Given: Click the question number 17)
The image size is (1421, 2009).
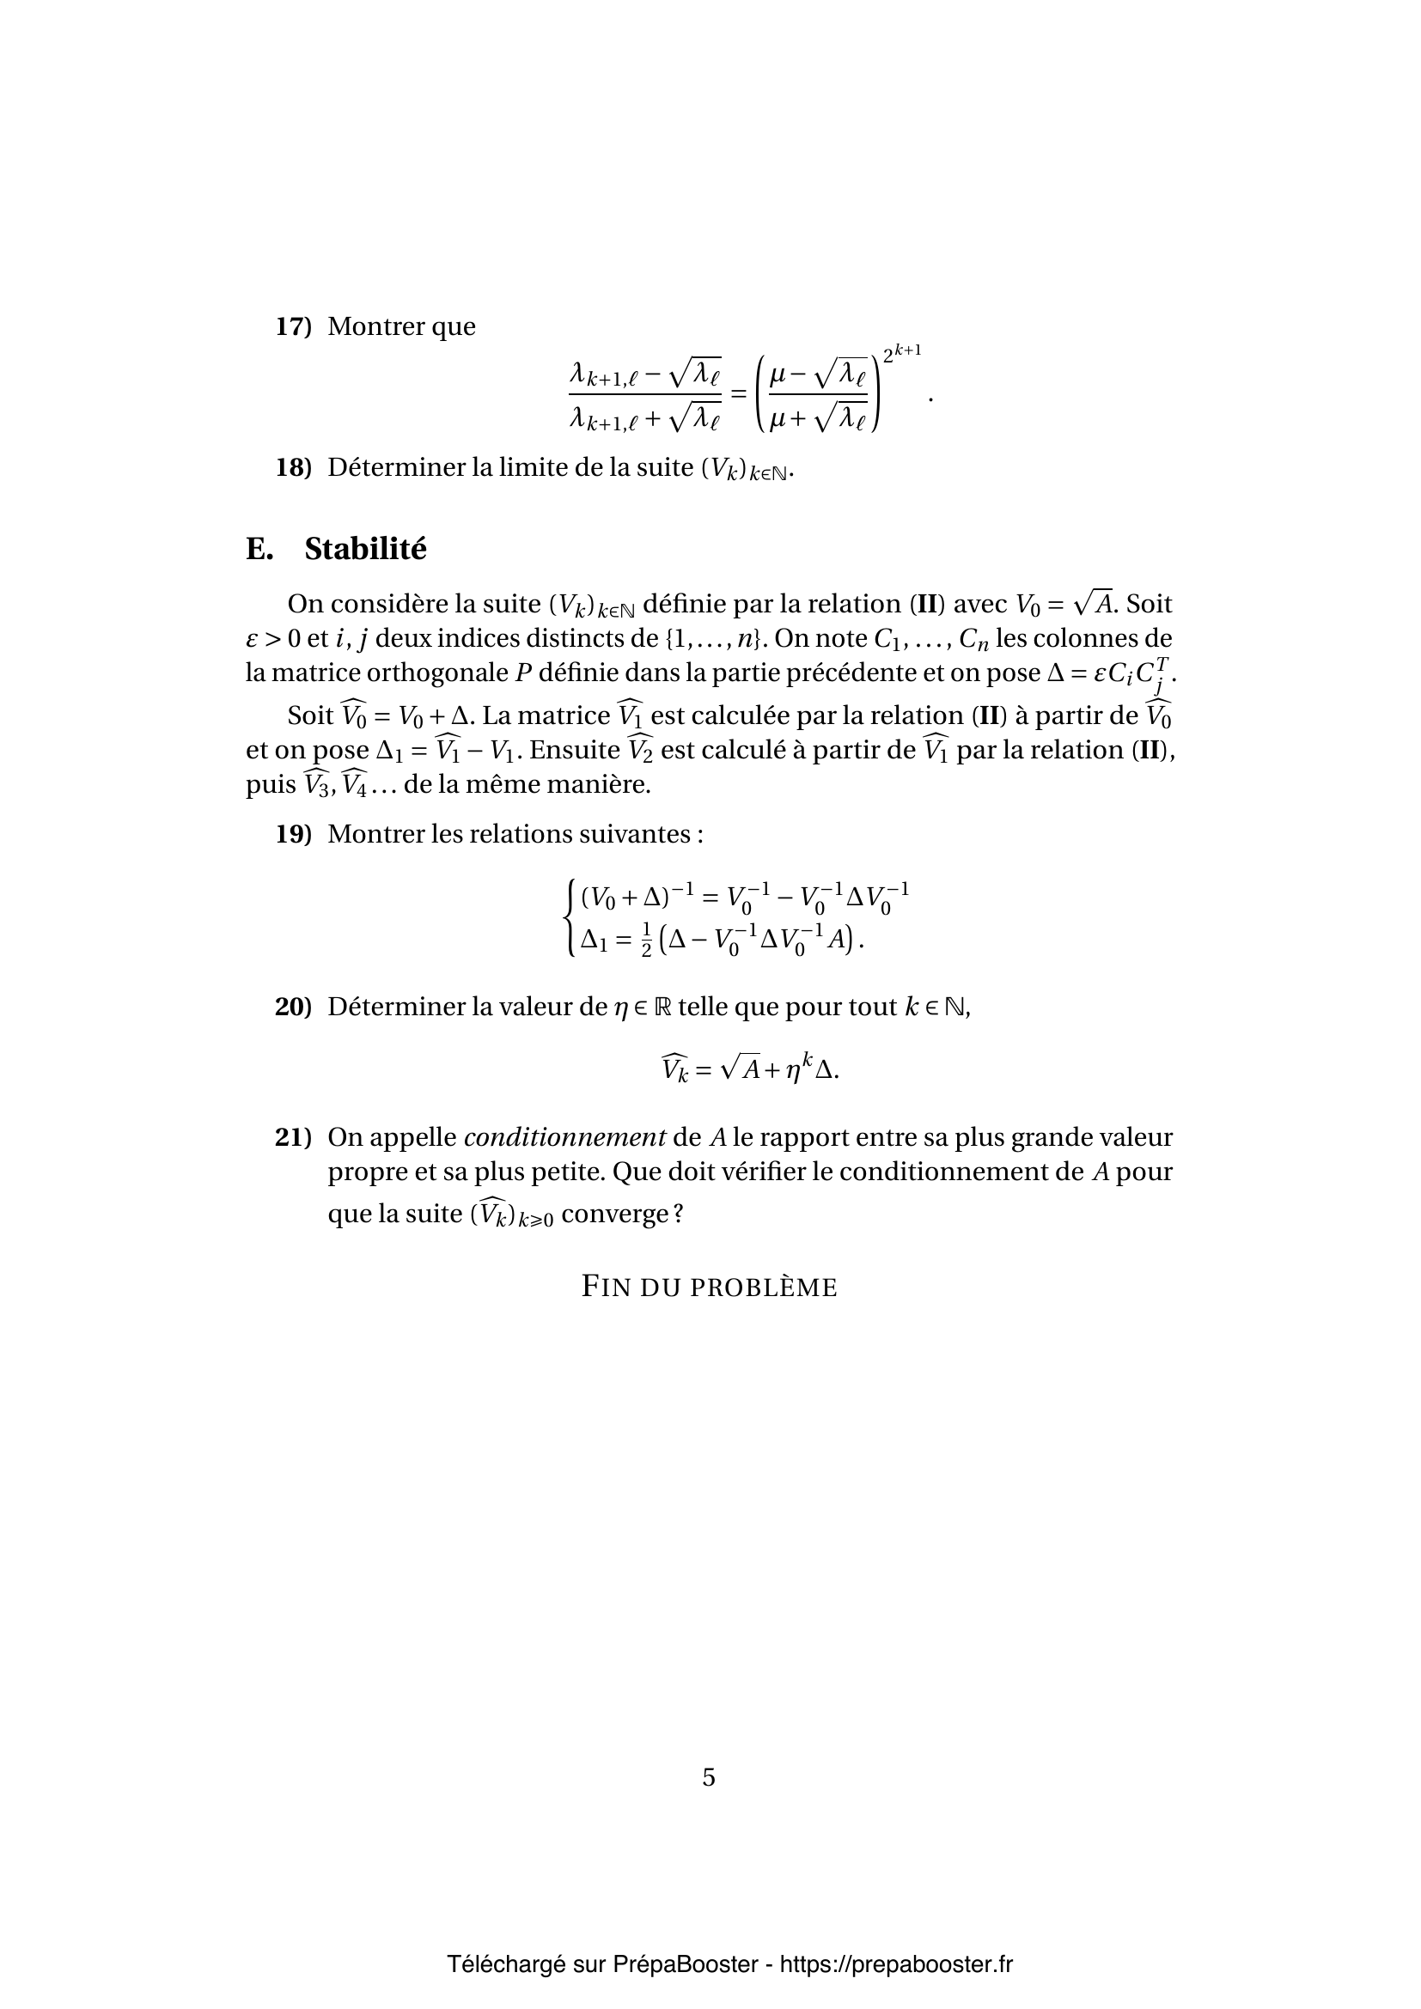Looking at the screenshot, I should pyautogui.click(x=293, y=327).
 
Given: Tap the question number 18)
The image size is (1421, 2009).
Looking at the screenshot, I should pyautogui.click(x=293, y=468).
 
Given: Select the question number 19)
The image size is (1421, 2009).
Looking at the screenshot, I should pyautogui.click(x=293, y=835).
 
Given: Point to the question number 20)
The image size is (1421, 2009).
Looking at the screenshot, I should pyautogui.click(x=293, y=1008).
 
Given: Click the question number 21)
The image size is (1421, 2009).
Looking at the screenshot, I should pyautogui.click(x=293, y=1138).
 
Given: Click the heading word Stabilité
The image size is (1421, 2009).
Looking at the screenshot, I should pyautogui.click(x=365, y=550).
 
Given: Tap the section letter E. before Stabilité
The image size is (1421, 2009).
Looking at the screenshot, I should pyautogui.click(x=259, y=550).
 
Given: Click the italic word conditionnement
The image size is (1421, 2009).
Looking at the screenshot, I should pyautogui.click(x=564, y=1138).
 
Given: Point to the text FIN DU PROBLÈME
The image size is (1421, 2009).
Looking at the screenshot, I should pyautogui.click(x=710, y=1288).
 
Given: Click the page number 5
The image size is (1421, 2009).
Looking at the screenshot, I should pyautogui.click(x=709, y=1777).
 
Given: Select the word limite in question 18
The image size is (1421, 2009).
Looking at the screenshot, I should pyautogui.click(x=534, y=468).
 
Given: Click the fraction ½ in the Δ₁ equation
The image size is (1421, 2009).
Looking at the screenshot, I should pyautogui.click(x=646, y=941).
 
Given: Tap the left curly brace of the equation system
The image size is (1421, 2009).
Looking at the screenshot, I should pyautogui.click(x=570, y=919).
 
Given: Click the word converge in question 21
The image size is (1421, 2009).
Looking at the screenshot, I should pyautogui.click(x=616, y=1215).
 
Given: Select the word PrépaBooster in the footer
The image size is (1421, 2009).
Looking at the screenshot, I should pyautogui.click(x=685, y=1964).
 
